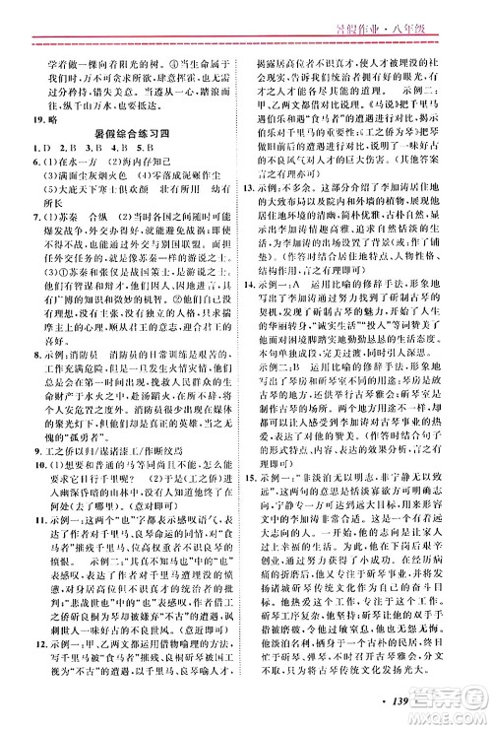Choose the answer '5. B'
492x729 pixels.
pos(152,165)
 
